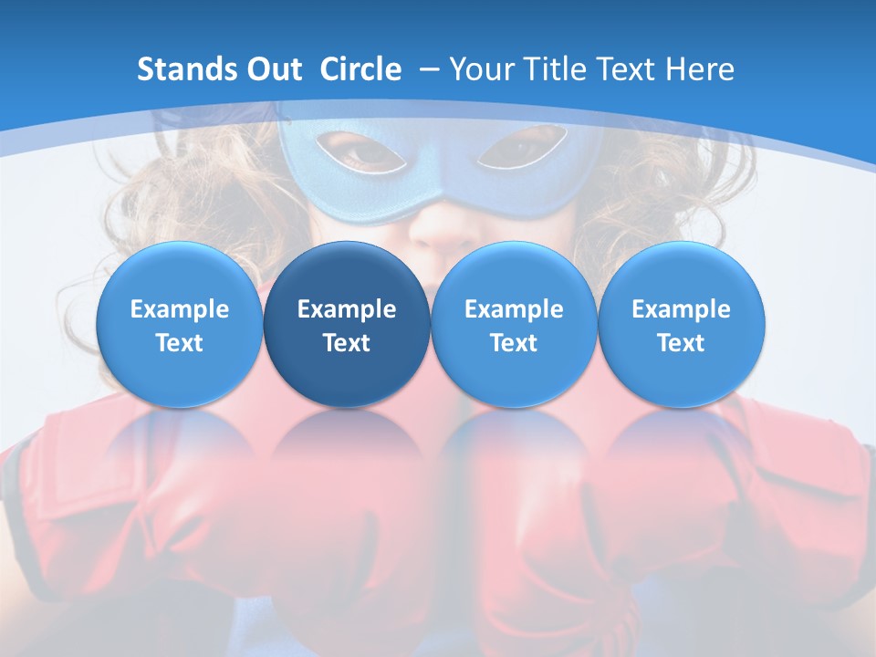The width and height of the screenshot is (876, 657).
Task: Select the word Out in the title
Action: pyautogui.click(x=273, y=69)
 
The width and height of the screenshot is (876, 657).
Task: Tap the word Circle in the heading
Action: pyautogui.click(x=360, y=69)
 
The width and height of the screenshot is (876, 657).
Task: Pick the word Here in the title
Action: pyautogui.click(x=699, y=69)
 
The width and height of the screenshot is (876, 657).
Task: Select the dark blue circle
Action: pyautogui.click(x=347, y=324)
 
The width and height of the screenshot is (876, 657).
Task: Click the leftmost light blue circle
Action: pyautogui.click(x=180, y=324)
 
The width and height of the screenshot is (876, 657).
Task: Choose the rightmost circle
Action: pyautogui.click(x=681, y=324)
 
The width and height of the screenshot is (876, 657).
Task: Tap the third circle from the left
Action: pyautogui.click(x=514, y=324)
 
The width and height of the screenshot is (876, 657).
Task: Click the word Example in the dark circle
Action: pyautogui.click(x=347, y=309)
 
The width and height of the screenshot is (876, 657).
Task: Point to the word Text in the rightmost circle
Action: pyautogui.click(x=681, y=343)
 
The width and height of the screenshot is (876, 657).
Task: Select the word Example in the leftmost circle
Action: pyautogui.click(x=180, y=309)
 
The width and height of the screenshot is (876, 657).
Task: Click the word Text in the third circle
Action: pyautogui.click(x=514, y=343)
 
